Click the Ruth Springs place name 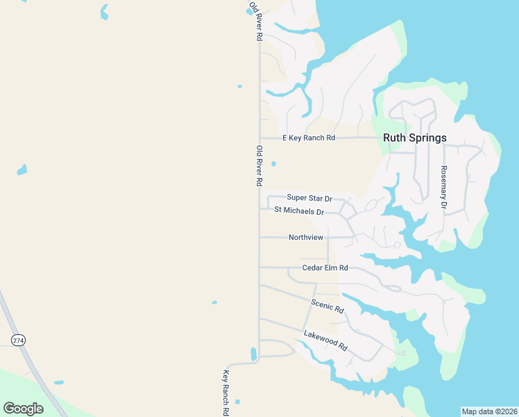tap(415, 138)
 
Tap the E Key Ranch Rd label tap(309, 138)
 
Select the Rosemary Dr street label tap(443, 188)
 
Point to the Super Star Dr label tap(309, 199)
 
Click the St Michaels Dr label tap(299, 211)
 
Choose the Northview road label tap(306, 238)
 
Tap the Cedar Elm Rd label tap(325, 268)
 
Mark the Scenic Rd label tap(327, 305)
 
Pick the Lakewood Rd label tap(325, 341)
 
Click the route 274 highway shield tap(18, 339)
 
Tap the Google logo tap(23, 408)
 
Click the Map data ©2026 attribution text tap(489, 411)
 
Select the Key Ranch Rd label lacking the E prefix tap(226, 392)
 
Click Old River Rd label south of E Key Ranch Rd tap(259, 165)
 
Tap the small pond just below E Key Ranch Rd tap(273, 164)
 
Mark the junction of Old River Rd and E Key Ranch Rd tap(259, 138)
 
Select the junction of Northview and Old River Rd tap(259, 237)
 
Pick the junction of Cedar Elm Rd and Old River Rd tap(259, 267)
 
